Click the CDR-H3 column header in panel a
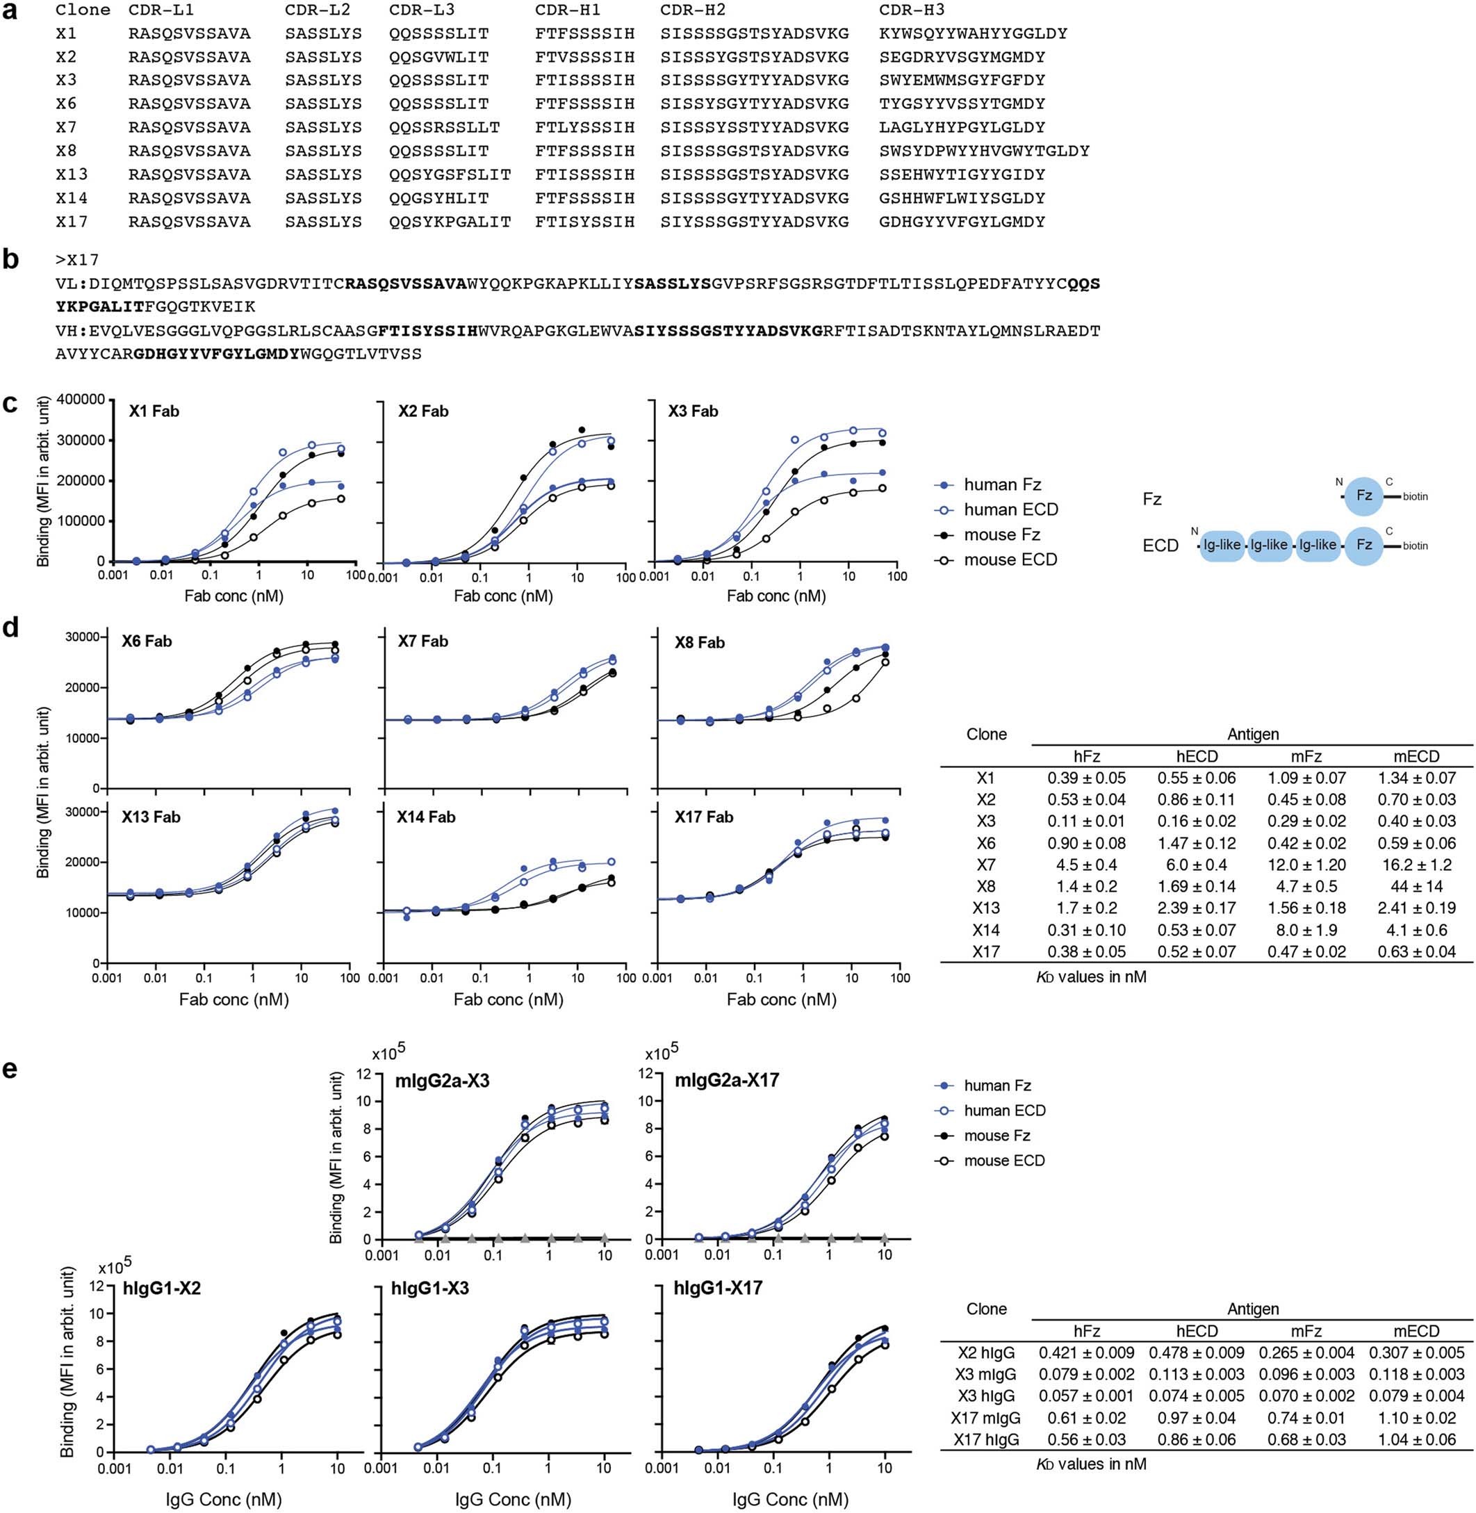[912, 10]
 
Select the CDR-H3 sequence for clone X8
[985, 151]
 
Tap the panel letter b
[11, 260]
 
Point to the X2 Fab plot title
[423, 411]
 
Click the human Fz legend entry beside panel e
[997, 1085]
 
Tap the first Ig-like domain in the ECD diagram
[1222, 545]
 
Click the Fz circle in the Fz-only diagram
[1363, 496]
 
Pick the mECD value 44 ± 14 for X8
[1416, 886]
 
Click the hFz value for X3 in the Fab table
[1086, 821]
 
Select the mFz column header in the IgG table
[1306, 1331]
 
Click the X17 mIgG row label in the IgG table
[985, 1418]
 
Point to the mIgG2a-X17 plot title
[726, 1081]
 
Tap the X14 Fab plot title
[427, 817]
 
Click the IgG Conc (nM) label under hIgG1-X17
[790, 1499]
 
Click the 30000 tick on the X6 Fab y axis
[85, 637]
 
